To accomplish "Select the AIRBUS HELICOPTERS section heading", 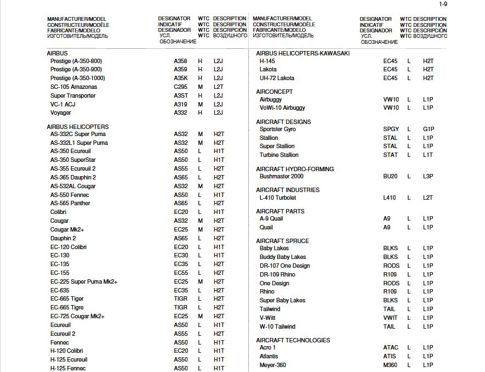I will (x=78, y=127).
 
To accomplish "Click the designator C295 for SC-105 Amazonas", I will (x=181, y=87).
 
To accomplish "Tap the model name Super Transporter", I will (x=73, y=95).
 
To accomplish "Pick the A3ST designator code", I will (x=181, y=95).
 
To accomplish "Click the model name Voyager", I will (x=60, y=112).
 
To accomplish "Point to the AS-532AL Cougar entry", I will (x=73, y=186).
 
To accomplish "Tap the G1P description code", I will (x=428, y=129).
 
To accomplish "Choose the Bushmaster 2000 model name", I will (x=281, y=176).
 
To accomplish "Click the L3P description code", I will (x=428, y=176).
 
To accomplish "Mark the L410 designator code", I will (x=390, y=198).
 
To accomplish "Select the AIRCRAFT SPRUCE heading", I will (x=282, y=241).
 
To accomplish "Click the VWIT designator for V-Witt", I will (x=390, y=318).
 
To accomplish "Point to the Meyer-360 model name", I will (x=272, y=365).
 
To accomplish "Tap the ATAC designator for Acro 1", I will (x=391, y=347).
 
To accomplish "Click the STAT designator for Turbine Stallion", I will (x=390, y=155).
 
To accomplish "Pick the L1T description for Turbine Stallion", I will (x=428, y=155).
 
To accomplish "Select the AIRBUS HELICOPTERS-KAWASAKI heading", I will (x=303, y=53).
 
